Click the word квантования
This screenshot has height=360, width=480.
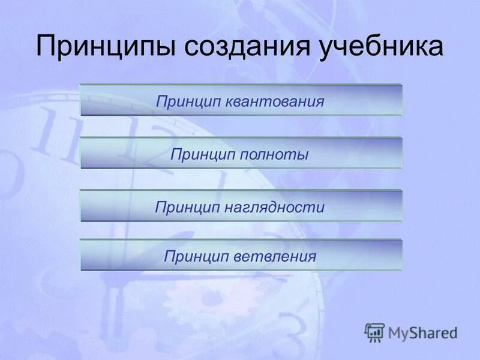pos(275,101)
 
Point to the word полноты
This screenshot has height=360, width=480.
pos(274,154)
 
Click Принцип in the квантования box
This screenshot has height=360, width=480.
pos(189,101)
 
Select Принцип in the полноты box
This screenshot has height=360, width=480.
pos(203,154)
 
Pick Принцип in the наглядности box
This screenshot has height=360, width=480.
pos(188,208)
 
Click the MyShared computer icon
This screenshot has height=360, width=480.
pos(374,332)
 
